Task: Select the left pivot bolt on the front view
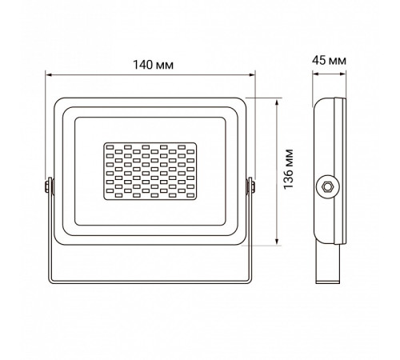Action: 48,186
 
